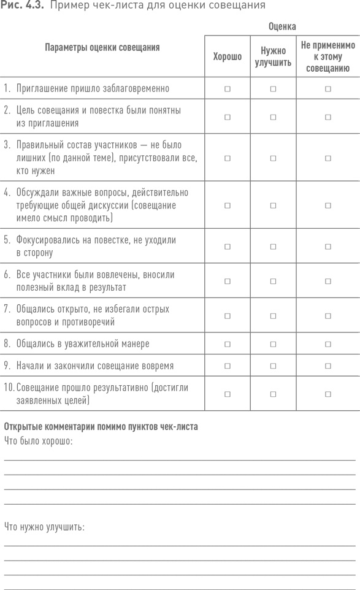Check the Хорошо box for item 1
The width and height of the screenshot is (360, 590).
[228, 89]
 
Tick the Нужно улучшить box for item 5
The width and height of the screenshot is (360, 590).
[273, 247]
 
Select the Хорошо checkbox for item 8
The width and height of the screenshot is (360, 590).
[228, 344]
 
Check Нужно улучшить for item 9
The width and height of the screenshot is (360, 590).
[273, 366]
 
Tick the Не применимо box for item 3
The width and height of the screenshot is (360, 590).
[328, 158]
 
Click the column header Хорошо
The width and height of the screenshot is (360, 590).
[228, 56]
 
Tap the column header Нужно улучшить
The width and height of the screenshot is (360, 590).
[273, 56]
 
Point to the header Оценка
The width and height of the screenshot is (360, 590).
[282, 27]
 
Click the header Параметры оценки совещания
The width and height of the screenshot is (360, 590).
[102, 47]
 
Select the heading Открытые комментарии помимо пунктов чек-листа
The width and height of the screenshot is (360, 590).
[101, 427]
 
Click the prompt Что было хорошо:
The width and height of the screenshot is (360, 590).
[38, 441]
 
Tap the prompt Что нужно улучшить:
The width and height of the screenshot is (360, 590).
[44, 527]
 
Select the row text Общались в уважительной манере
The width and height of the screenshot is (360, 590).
[83, 344]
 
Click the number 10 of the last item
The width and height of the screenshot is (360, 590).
[9, 388]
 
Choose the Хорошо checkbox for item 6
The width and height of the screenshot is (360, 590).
[228, 281]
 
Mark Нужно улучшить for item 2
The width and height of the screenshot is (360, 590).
[273, 117]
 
